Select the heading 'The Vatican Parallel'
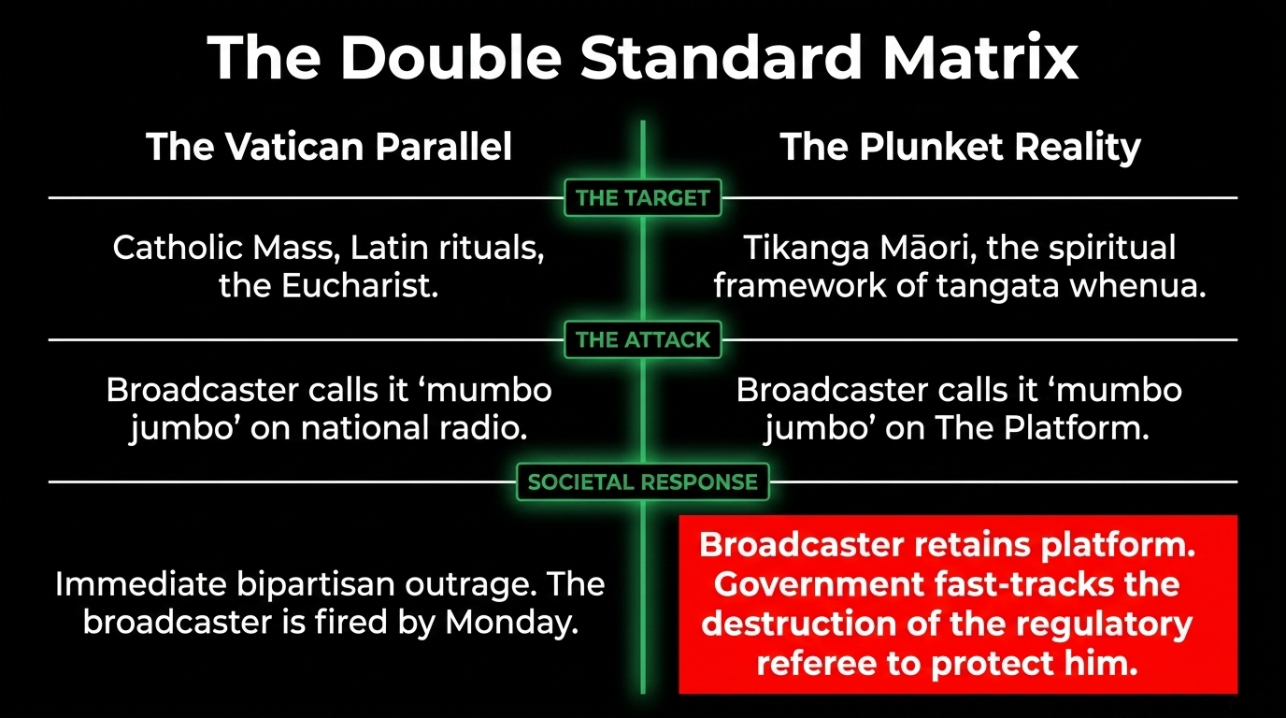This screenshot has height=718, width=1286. pos(329,148)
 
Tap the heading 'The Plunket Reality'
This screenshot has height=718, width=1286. pos(960,148)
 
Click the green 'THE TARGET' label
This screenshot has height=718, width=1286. pos(643,198)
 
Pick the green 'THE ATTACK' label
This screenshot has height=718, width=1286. pos(643,340)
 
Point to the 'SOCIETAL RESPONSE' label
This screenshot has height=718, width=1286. pos(643,482)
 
